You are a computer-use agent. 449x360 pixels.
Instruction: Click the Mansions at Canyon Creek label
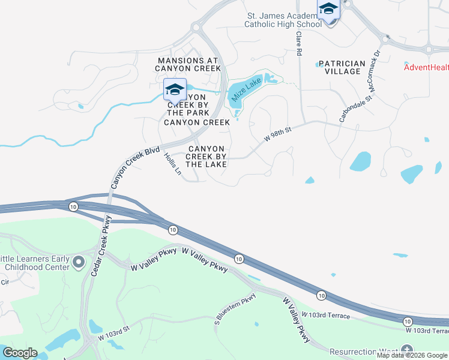coord(188,64)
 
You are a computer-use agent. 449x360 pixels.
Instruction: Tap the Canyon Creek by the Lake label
coord(206,156)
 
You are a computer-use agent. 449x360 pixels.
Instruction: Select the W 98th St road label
coord(277,134)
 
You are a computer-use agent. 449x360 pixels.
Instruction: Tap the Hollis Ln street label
coord(172,164)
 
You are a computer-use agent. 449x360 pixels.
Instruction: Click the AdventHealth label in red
coord(426,67)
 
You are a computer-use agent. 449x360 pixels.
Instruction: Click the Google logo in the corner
coord(20,353)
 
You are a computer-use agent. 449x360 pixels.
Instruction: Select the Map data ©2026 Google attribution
coord(412,355)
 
